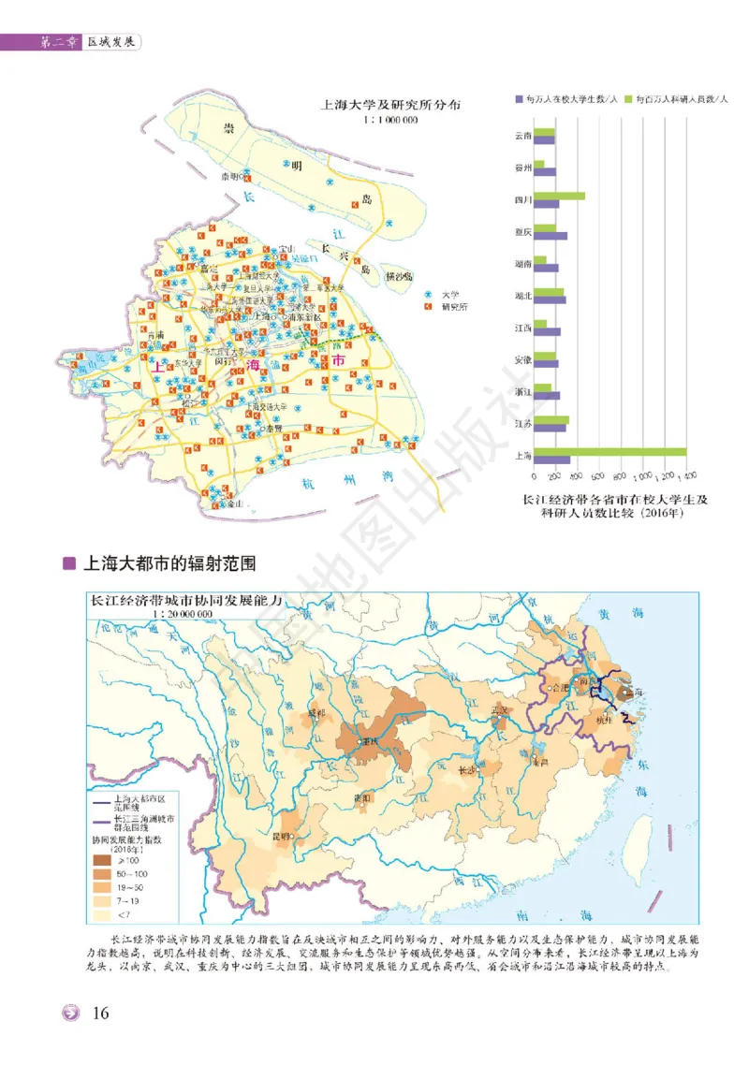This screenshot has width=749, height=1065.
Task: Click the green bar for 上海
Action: click(x=609, y=450)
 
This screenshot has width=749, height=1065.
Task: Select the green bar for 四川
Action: click(x=559, y=196)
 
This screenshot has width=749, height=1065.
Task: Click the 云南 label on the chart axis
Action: click(x=523, y=136)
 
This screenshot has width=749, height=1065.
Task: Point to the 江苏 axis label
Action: click(x=523, y=424)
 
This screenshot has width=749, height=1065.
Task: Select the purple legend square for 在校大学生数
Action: click(x=518, y=98)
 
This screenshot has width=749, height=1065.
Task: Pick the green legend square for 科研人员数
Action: click(x=630, y=98)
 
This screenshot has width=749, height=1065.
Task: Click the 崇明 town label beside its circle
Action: click(x=228, y=175)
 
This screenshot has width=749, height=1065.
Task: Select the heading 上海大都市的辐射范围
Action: click(x=169, y=564)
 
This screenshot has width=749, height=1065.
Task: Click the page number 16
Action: click(x=102, y=1014)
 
